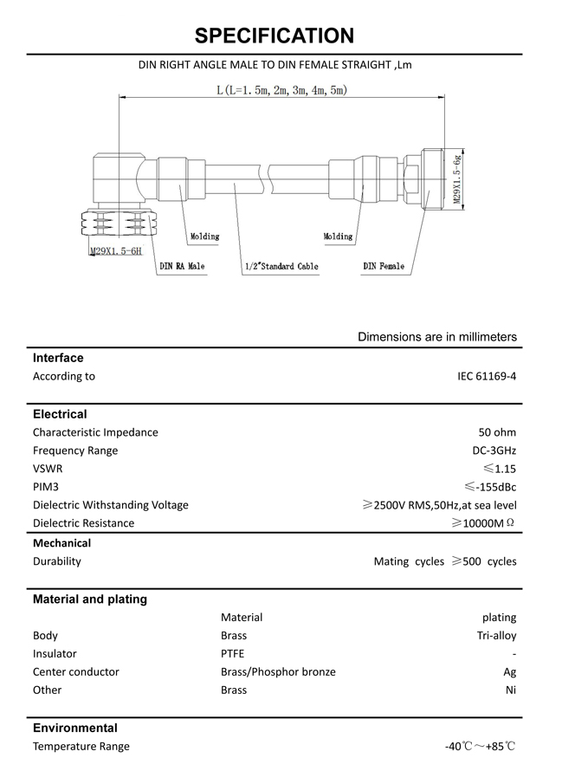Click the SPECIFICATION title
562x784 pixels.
pyautogui.click(x=275, y=36)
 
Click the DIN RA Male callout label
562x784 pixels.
pyautogui.click(x=183, y=266)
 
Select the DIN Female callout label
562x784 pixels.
pyautogui.click(x=384, y=266)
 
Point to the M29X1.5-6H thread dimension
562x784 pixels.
pyautogui.click(x=115, y=251)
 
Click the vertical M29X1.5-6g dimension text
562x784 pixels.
pyautogui.click(x=456, y=179)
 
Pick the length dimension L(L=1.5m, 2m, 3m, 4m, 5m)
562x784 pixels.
pyautogui.click(x=282, y=90)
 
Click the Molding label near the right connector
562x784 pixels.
pyautogui.click(x=339, y=236)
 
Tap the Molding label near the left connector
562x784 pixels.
pyautogui.click(x=204, y=236)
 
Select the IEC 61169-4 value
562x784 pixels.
pyautogui.click(x=487, y=376)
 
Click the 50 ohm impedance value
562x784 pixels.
pyautogui.click(x=497, y=431)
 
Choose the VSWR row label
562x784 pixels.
pyautogui.click(x=48, y=469)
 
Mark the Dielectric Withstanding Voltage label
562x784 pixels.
pyautogui.click(x=110, y=505)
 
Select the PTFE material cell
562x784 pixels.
pyautogui.click(x=233, y=654)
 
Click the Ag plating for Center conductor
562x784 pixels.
pyautogui.click(x=509, y=672)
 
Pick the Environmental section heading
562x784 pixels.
pyautogui.click(x=75, y=728)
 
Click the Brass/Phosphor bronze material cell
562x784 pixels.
pyautogui.click(x=278, y=672)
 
